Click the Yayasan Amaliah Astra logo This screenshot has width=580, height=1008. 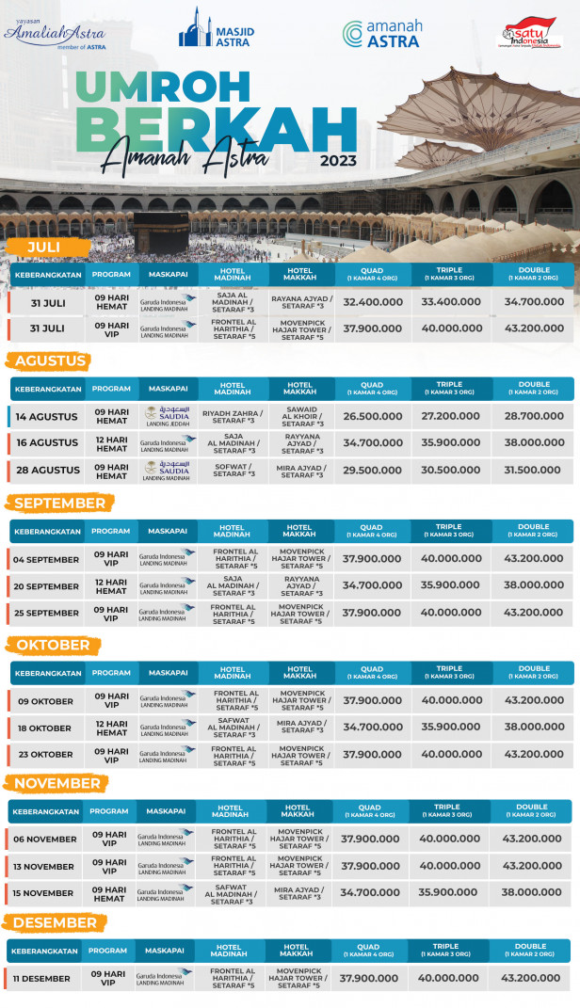[x=56, y=33]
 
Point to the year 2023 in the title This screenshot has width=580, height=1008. [x=338, y=160]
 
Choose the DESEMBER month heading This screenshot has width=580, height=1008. [x=56, y=922]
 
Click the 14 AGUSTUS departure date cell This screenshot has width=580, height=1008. [x=47, y=416]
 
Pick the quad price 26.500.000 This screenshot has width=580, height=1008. [x=372, y=416]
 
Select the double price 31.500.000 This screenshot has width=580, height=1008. [x=534, y=470]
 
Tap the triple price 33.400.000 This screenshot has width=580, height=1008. [x=451, y=302]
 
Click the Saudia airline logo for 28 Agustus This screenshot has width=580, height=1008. [x=167, y=467]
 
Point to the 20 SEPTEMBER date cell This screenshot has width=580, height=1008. [x=46, y=586]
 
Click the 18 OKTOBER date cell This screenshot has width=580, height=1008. [x=43, y=728]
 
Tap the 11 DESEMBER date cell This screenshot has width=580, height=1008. [x=41, y=979]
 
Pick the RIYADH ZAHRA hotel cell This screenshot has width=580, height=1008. [x=233, y=416]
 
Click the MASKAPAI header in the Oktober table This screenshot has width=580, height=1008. [x=169, y=673]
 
